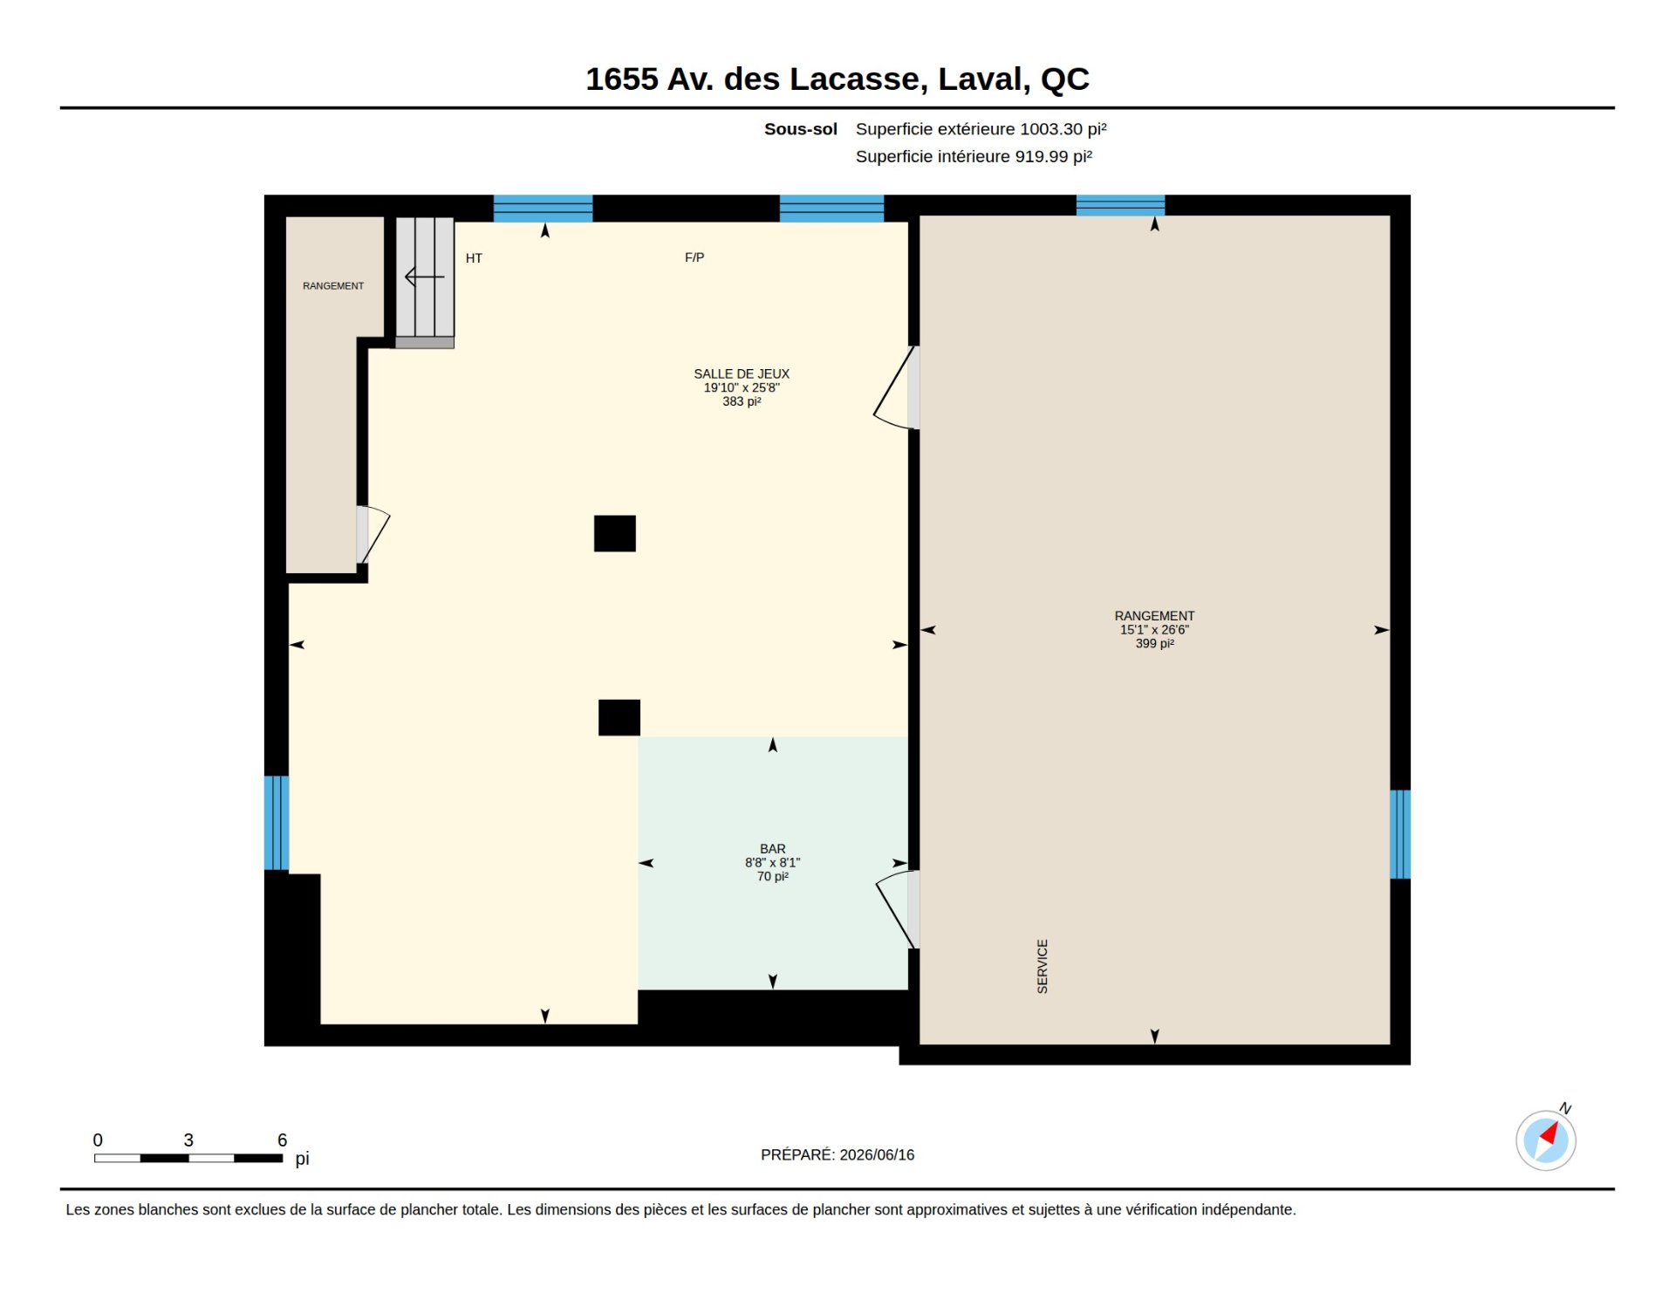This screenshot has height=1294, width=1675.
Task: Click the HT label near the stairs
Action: pos(474,258)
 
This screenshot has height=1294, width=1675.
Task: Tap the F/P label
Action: pos(694,257)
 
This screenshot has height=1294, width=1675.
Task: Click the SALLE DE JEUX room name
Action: pos(742,373)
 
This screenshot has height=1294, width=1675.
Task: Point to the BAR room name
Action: pos(773,849)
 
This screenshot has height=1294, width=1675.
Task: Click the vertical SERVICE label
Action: pos(1043,967)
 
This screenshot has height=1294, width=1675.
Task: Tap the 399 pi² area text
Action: pos(1155,644)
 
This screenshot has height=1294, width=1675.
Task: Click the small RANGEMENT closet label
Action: pos(333,286)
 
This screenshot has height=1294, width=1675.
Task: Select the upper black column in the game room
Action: pos(615,534)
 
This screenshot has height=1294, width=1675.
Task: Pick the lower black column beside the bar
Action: pos(619,718)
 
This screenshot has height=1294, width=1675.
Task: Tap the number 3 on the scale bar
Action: pos(188,1140)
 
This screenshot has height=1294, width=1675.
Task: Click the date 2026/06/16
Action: pos(877,1155)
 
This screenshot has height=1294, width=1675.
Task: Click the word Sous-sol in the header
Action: pos(801,129)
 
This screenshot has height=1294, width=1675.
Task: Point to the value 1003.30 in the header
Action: pos(1051,129)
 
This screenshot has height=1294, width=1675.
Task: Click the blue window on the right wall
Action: pos(1400,834)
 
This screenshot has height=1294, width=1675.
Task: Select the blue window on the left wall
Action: pos(277,823)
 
